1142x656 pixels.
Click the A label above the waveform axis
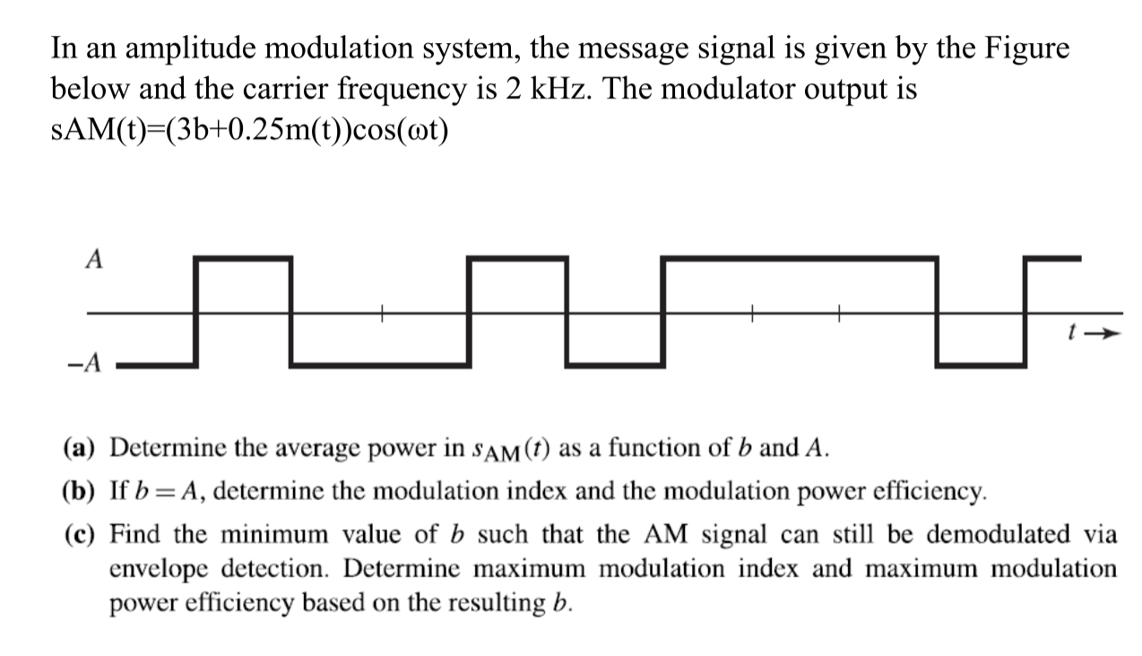click(x=93, y=259)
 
